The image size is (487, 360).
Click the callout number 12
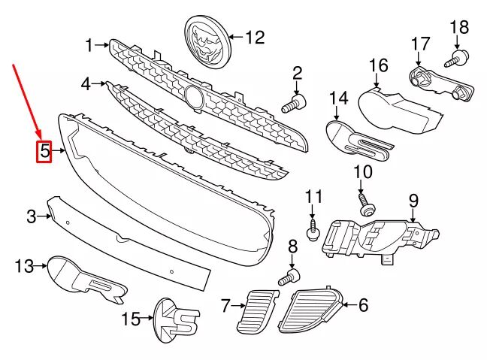[x=256, y=36]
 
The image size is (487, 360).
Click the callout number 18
[x=458, y=29]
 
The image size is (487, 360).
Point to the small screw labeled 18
[x=458, y=56]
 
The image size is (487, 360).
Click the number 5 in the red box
[x=45, y=152]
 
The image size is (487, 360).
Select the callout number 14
[x=339, y=98]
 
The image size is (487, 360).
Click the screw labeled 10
[x=366, y=203]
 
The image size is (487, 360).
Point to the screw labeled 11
[x=313, y=224]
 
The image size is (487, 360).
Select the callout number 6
[x=364, y=305]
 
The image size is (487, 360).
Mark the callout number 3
[x=32, y=217]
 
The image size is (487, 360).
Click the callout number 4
[x=86, y=83]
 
